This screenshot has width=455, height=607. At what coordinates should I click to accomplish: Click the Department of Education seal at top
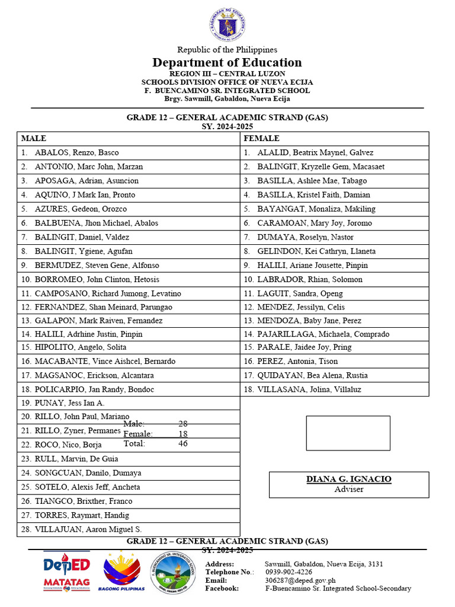point(227,25)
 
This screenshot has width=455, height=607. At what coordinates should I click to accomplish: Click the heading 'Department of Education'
point(227,63)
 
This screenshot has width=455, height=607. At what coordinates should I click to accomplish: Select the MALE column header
point(34,138)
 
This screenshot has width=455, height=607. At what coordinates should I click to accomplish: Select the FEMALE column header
point(261,138)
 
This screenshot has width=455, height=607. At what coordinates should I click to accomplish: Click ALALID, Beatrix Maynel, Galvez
point(315,152)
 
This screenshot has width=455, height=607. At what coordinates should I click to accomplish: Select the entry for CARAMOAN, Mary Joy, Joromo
point(315,223)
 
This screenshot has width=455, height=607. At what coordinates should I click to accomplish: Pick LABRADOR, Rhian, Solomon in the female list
point(310,279)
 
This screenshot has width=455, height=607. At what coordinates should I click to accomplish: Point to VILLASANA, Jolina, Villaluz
point(309,389)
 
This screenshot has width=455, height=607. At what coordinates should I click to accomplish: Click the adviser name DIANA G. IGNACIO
point(348,479)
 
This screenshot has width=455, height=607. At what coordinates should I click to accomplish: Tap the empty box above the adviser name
point(348,433)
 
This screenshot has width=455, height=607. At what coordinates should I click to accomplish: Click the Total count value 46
point(183,443)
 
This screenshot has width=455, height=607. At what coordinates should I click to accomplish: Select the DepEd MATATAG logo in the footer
point(67,572)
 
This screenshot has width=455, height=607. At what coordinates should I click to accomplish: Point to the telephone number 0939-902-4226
point(288,572)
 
